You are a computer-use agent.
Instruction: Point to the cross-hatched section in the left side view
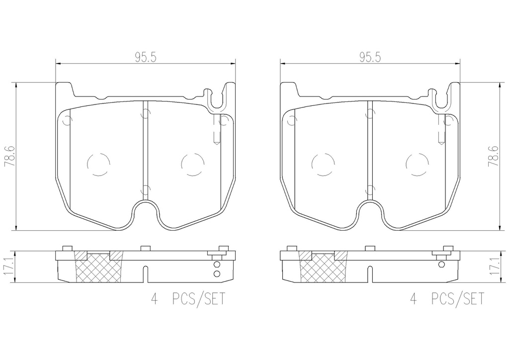99,267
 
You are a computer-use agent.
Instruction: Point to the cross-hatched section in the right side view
323,267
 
